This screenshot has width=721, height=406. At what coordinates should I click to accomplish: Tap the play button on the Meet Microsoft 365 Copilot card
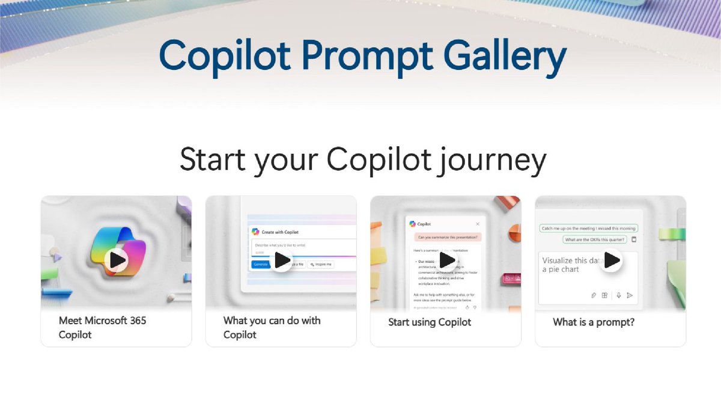click(116, 260)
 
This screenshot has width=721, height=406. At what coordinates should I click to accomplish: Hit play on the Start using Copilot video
click(446, 260)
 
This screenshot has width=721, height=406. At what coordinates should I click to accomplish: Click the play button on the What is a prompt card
click(611, 260)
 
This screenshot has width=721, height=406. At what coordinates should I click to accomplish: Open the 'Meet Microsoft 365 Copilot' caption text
click(102, 328)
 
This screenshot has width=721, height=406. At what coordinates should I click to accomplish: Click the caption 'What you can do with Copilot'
click(272, 328)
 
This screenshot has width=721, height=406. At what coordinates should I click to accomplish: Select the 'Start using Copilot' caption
click(430, 322)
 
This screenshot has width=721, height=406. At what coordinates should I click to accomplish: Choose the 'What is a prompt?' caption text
click(594, 322)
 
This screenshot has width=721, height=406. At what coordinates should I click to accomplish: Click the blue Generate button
click(261, 264)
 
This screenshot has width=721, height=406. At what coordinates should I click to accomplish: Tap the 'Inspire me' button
click(321, 264)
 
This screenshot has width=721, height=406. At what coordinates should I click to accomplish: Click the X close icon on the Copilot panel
click(478, 224)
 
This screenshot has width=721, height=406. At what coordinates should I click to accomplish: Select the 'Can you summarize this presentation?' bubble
click(446, 238)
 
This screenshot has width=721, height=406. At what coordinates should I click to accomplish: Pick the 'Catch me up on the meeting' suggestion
click(589, 229)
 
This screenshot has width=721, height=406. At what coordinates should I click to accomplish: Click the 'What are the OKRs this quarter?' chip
click(594, 239)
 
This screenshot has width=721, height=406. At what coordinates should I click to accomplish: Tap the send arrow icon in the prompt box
click(630, 295)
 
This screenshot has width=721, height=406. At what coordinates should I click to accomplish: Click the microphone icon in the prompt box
click(618, 295)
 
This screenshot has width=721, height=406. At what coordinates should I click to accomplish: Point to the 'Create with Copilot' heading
click(279, 232)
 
